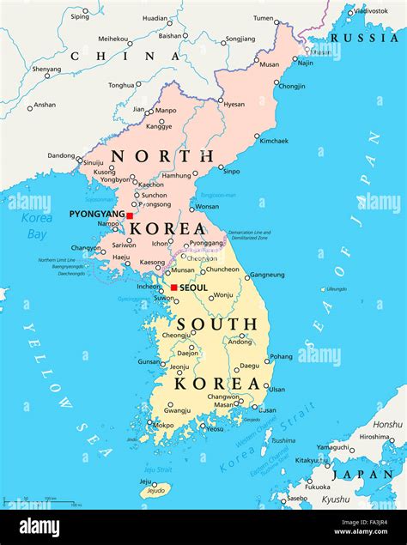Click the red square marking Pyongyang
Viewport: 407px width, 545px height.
coord(130,215)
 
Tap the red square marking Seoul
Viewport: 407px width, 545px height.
coord(173,288)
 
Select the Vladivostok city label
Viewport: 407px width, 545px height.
coord(371,11)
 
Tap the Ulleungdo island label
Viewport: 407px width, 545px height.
coord(336,289)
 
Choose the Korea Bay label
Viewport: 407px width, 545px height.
coord(37,226)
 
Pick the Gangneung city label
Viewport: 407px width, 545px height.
coord(266,276)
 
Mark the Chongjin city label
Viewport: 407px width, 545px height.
coord(292,86)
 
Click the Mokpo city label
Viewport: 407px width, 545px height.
coord(162,425)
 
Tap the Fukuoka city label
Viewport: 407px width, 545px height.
coord(317,487)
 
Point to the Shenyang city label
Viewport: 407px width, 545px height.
coord(46,69)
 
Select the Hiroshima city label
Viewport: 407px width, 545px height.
coord(374,437)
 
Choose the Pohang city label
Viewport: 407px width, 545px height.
coord(281,356)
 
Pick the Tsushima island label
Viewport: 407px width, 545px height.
coord(282,440)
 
